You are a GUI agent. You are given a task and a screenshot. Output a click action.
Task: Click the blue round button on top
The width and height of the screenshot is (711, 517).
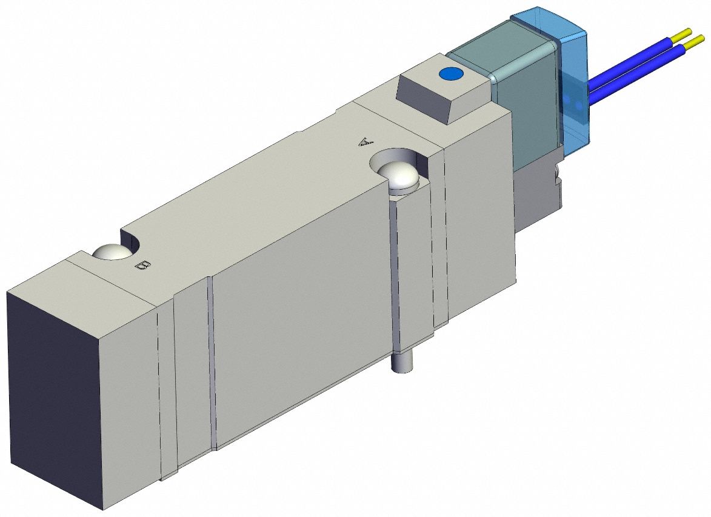(450, 74)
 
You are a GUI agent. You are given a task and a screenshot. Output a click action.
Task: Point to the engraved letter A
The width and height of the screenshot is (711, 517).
(364, 142)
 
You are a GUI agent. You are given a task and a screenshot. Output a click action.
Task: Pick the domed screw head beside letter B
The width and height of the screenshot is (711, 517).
(110, 252)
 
